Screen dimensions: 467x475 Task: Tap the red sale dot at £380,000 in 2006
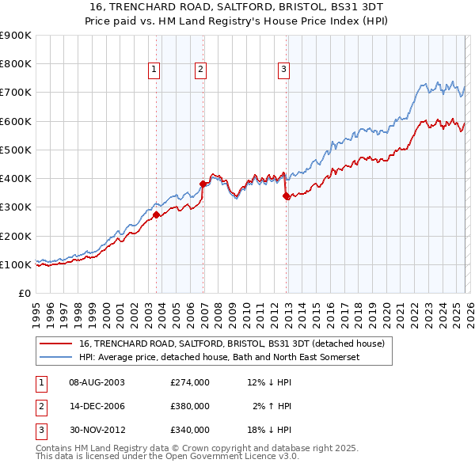[203, 184]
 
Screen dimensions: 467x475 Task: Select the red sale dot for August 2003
[156, 215]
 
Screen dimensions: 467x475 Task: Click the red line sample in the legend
[55, 344]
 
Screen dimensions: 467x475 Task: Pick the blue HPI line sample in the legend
[55, 357]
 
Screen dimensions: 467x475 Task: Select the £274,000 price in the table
[190, 382]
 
